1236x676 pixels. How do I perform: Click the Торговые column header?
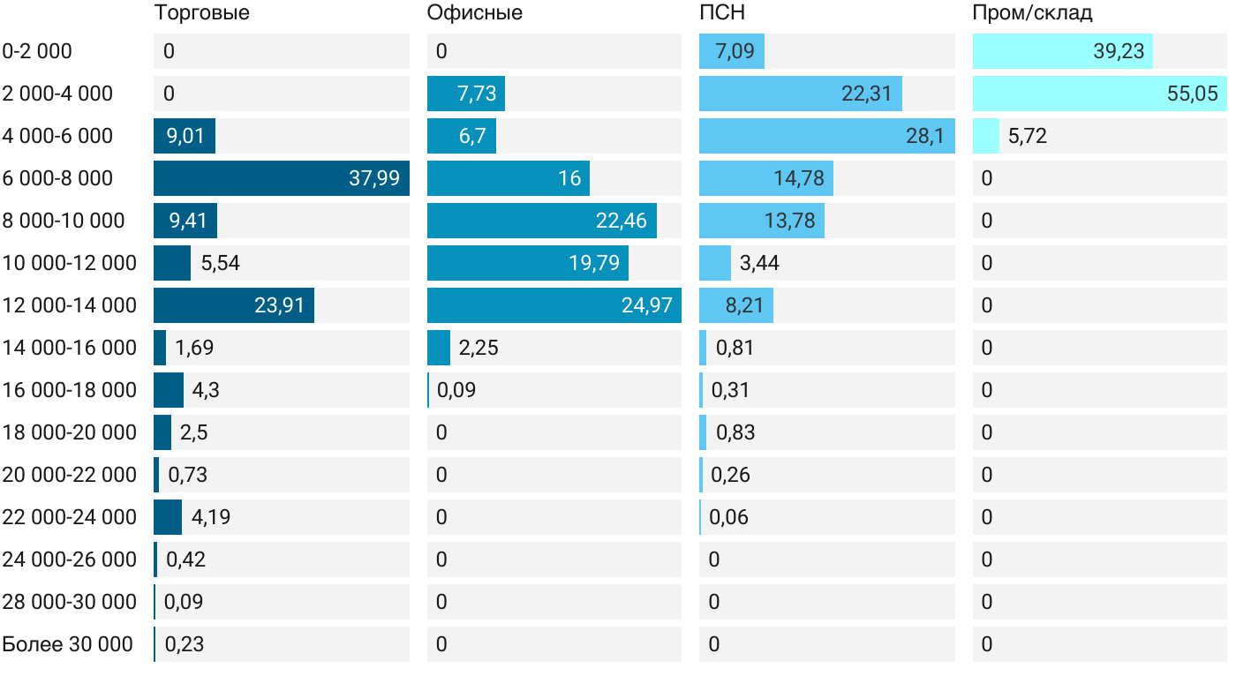point(201,12)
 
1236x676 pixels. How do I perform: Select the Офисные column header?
point(474,12)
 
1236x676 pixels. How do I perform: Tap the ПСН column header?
point(722,12)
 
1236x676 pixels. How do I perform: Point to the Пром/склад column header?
point(1032,12)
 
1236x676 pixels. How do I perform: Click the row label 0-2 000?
point(37,51)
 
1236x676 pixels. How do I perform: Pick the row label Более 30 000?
point(68,644)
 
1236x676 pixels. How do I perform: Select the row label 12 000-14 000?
point(70,305)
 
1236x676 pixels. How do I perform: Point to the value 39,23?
point(1119,51)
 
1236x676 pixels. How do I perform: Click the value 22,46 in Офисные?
point(622,221)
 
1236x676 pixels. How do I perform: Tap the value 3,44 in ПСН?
point(760,263)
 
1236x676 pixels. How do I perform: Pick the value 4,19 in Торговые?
point(211,517)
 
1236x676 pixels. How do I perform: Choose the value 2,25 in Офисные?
point(479,348)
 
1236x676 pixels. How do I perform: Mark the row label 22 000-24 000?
point(70,517)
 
